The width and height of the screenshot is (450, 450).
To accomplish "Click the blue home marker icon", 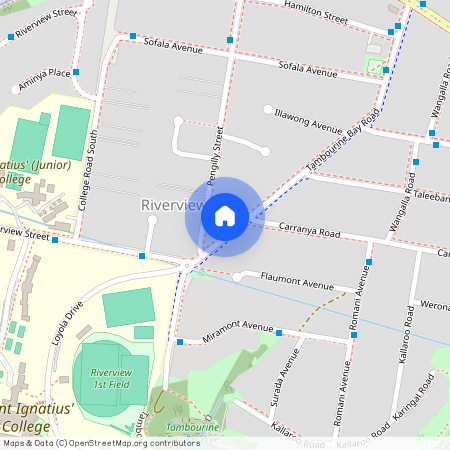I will [x=225, y=216].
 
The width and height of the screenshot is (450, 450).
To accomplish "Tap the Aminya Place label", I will [x=44, y=73].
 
